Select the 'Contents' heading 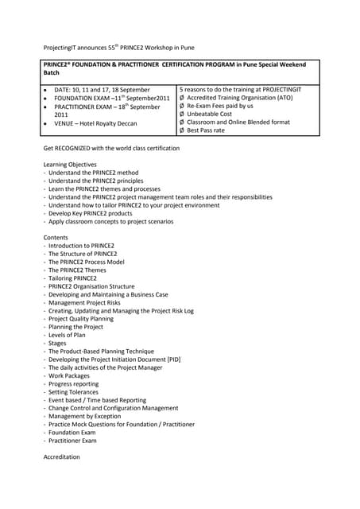point(56,238)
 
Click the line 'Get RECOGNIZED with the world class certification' point(111,149)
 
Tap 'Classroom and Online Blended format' point(238,122)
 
